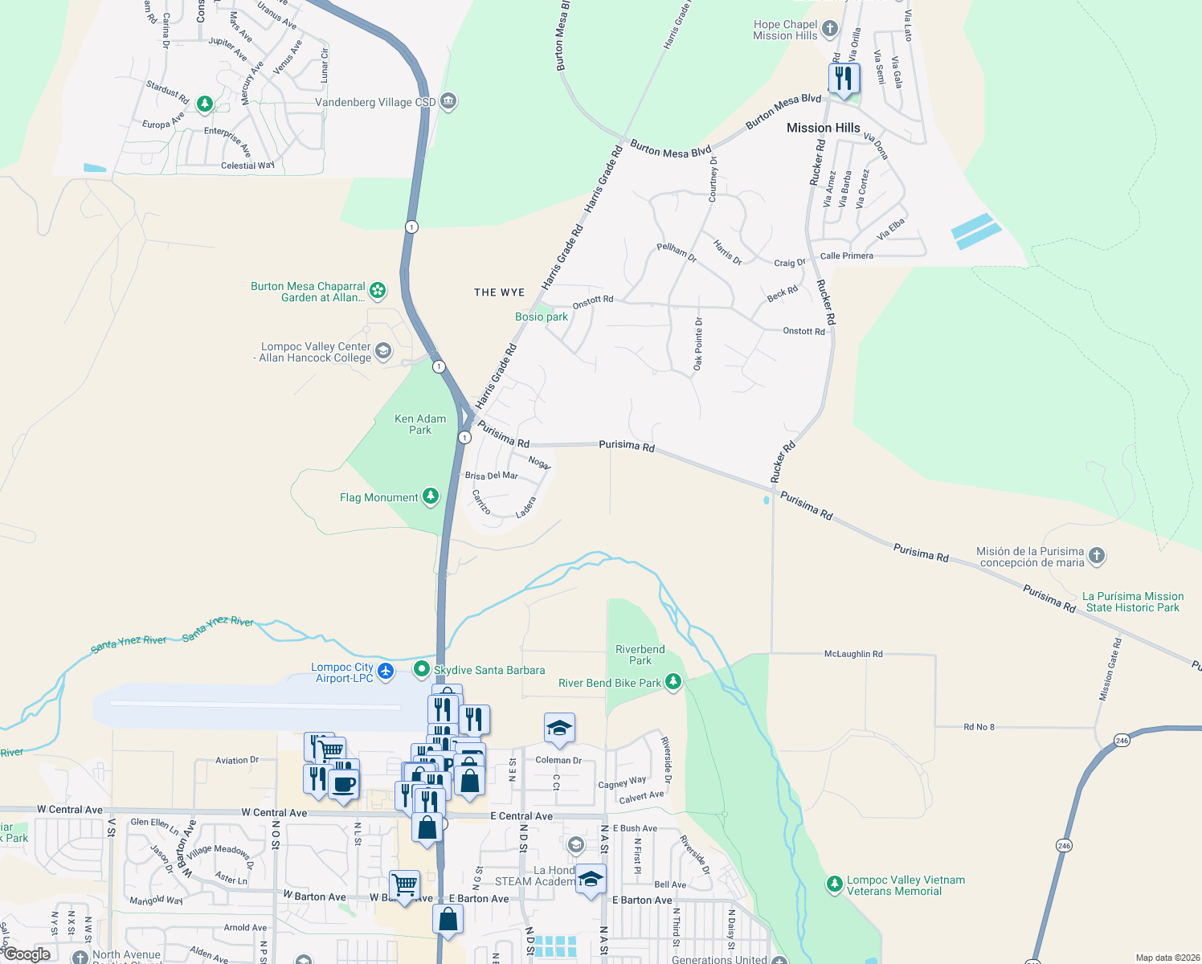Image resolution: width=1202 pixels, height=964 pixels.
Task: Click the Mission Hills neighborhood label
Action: pos(823,128)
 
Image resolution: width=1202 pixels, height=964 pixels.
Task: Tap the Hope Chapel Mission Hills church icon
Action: pos(830,30)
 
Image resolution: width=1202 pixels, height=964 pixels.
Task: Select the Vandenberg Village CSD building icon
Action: pos(448,101)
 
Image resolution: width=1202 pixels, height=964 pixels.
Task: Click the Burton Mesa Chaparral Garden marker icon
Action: pos(377,290)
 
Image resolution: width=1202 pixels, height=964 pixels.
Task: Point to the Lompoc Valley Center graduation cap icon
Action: pos(383,351)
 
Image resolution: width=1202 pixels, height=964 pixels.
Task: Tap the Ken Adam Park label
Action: pos(420,424)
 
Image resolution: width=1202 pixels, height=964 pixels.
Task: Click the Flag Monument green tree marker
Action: pos(431,496)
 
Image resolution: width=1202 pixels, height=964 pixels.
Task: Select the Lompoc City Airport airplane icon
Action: pos(386,670)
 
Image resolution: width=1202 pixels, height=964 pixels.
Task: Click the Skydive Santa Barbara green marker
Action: pos(421,669)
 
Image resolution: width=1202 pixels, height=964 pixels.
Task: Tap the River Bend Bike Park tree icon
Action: pos(673,682)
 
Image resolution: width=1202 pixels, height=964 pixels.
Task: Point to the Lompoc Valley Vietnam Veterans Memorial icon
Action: pos(835,884)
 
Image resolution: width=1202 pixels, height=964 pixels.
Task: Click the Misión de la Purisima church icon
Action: pos(1097,555)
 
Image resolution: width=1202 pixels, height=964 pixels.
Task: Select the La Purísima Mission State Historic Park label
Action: pos(1132,602)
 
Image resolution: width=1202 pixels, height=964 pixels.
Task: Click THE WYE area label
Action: pos(499,292)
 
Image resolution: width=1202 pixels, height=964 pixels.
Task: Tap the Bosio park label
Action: pos(541,317)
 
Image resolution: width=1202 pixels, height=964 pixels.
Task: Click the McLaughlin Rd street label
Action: pos(853,654)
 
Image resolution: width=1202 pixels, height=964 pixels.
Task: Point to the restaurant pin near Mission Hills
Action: pos(843,79)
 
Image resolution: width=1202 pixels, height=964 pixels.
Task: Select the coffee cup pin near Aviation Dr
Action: pos(343,783)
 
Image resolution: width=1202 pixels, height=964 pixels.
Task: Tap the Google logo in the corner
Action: pos(27,954)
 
